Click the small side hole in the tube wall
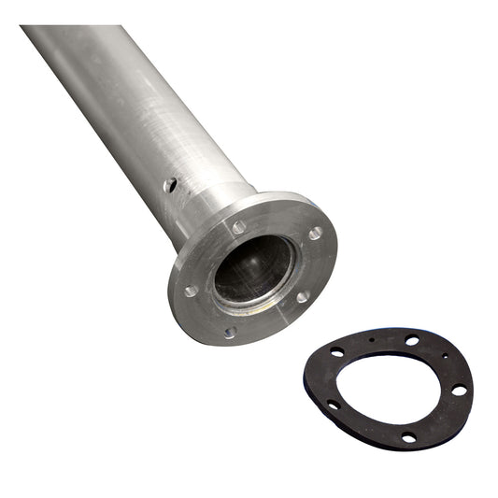point(170,185)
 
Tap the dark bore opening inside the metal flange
point(253,268)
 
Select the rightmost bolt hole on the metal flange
point(316,233)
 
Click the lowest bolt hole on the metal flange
point(230,332)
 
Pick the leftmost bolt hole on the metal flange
point(191,291)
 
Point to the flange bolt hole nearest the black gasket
point(303,297)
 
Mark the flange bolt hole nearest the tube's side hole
point(239,227)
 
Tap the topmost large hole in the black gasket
point(412,340)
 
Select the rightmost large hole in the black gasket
point(459,390)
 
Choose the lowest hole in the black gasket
point(408,436)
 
